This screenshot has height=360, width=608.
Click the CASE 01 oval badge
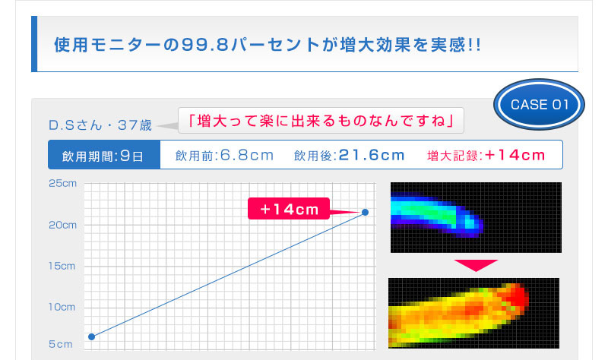click(x=539, y=104)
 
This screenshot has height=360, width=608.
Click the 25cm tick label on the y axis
click(x=62, y=183)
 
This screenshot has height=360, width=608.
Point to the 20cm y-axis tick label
click(x=62, y=225)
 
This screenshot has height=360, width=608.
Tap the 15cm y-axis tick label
click(x=62, y=266)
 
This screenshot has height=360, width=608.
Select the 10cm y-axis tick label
click(x=62, y=307)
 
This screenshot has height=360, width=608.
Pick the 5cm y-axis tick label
click(x=61, y=344)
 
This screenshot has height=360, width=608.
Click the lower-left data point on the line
click(x=91, y=336)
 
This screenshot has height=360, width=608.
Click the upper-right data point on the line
click(x=365, y=212)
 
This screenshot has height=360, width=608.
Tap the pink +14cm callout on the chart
click(x=289, y=209)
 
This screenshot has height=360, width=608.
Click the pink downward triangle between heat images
click(x=476, y=264)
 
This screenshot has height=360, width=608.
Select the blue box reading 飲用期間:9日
click(x=104, y=155)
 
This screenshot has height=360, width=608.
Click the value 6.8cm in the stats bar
click(x=247, y=155)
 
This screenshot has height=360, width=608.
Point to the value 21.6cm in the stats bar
click(x=372, y=155)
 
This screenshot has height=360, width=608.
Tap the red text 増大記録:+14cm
click(x=486, y=155)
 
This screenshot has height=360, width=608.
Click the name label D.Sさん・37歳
click(x=100, y=125)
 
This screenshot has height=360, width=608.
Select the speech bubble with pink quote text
click(x=321, y=121)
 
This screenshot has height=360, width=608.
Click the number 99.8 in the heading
click(x=204, y=45)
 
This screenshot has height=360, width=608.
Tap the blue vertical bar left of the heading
click(x=34, y=44)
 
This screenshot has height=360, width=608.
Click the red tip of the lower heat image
click(x=517, y=296)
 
